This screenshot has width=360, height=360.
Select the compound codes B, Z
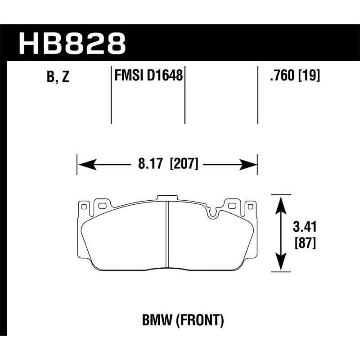pyautogui.click(x=58, y=77)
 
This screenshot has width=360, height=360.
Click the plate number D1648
pyautogui.click(x=166, y=76)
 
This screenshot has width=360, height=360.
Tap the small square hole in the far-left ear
pyautogui.click(x=83, y=206)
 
